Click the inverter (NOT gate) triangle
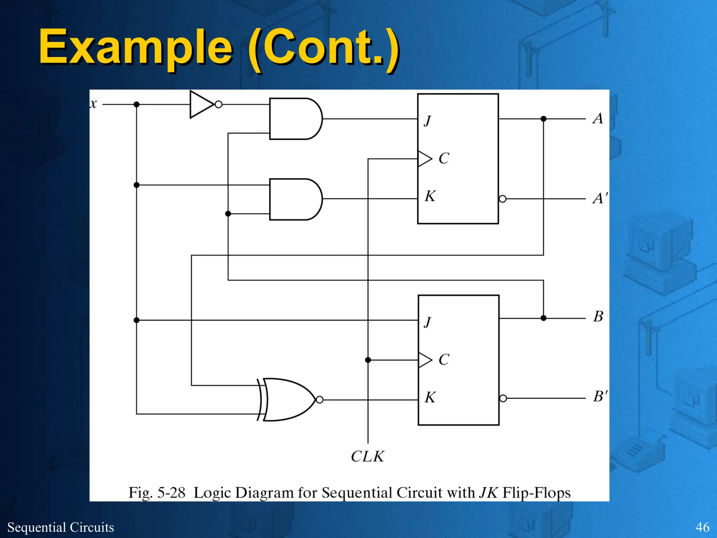(x=200, y=104)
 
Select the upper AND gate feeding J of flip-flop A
(x=294, y=119)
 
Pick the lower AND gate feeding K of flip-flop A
(x=294, y=199)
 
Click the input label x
(x=93, y=104)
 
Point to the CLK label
(x=367, y=456)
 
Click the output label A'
(x=600, y=198)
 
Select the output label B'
(x=600, y=396)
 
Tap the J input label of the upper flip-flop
(x=427, y=121)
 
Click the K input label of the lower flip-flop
(x=430, y=398)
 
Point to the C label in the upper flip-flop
(x=444, y=158)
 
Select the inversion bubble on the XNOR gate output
(x=320, y=400)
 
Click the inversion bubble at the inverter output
(x=218, y=104)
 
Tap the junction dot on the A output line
(x=543, y=119)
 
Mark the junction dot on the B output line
(x=543, y=318)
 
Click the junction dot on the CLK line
(x=368, y=360)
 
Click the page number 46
(x=702, y=527)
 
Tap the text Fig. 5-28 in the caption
(x=156, y=492)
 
